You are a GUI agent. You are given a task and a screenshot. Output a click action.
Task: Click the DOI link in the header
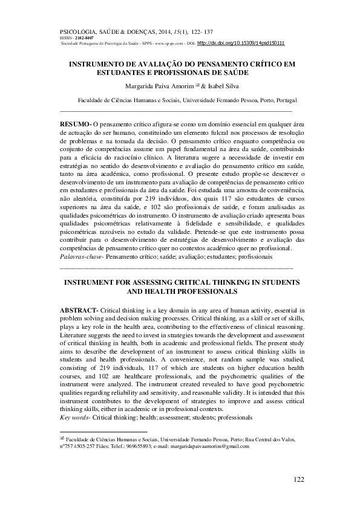[241, 44]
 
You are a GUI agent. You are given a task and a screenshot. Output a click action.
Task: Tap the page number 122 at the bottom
[298, 479]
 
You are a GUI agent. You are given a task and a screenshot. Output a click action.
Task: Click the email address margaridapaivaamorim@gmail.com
[208, 446]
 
